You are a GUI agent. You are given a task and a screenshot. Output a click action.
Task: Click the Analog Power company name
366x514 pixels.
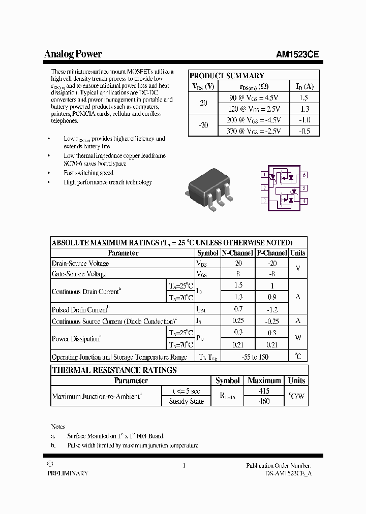coord(73,54)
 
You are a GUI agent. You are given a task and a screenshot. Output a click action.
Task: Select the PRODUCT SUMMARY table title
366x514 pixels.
coord(227,76)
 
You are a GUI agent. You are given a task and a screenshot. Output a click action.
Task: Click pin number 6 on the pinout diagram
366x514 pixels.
coord(304,175)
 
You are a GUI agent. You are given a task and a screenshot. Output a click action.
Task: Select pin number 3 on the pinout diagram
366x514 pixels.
coord(264,201)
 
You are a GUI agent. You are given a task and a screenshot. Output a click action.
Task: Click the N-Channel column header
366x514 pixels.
coord(237,253)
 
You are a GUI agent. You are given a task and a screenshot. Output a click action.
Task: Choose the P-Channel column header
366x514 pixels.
coord(272,253)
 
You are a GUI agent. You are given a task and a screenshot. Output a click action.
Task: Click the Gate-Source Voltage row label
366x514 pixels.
coord(79,274)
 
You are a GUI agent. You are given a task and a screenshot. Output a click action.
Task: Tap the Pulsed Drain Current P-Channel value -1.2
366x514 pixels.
coord(272,309)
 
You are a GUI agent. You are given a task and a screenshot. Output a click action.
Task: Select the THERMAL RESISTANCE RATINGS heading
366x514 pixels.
coord(114,370)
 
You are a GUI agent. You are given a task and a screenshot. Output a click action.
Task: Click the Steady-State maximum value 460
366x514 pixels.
coord(264,401)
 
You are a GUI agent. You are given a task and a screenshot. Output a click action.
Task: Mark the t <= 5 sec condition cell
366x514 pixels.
coord(186,391)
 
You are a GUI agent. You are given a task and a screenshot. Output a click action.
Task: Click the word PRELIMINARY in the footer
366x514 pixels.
coord(68,473)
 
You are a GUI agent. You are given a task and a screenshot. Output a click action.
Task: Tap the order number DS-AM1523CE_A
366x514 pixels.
coord(289,473)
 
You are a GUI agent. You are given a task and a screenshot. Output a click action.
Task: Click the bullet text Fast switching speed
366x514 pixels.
coord(88,173)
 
